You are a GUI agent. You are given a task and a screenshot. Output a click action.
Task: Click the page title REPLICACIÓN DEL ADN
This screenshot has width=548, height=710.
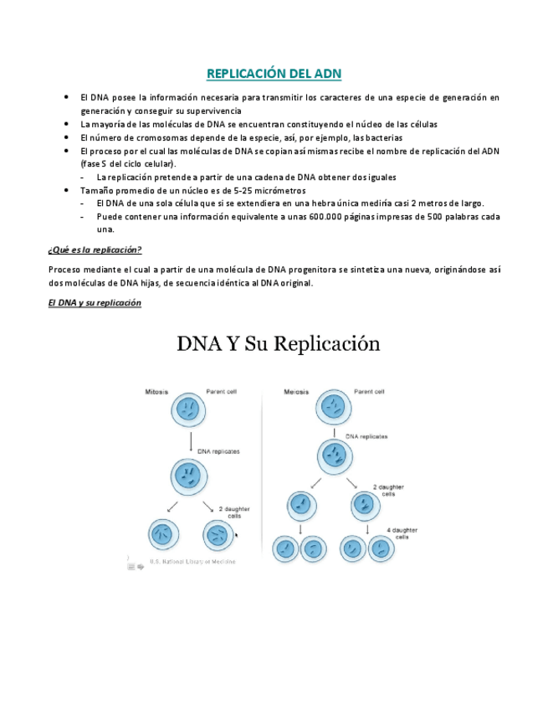274,74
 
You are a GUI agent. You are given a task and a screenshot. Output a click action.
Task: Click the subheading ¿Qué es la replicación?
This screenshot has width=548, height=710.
95,250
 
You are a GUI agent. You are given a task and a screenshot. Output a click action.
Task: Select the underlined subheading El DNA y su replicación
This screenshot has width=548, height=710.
95,302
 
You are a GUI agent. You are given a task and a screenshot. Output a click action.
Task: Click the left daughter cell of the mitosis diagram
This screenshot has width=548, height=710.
164,535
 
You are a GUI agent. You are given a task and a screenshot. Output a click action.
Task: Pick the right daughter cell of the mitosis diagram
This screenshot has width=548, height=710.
219,535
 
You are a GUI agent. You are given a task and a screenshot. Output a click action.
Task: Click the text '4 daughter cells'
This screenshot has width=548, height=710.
403,533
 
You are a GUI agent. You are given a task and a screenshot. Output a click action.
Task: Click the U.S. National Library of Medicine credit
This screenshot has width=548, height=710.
192,561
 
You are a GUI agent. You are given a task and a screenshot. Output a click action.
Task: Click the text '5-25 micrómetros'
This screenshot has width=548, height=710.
263,190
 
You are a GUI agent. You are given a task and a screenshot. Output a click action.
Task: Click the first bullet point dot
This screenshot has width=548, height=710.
66,98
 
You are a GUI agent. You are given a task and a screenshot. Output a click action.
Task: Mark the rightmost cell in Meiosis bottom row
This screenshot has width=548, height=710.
381,549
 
